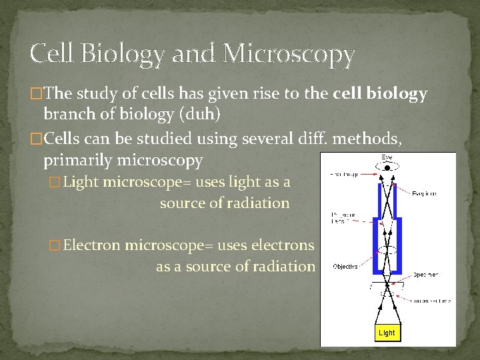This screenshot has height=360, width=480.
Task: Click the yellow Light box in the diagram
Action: tap(386, 332)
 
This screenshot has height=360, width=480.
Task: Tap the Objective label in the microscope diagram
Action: tap(345, 266)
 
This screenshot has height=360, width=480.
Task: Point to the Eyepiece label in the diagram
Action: tap(424, 193)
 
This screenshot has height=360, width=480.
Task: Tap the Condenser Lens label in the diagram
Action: tap(431, 301)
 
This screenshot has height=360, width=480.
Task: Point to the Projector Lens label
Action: tap(343, 218)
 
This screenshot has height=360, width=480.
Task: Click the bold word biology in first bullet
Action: tap(398, 94)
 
